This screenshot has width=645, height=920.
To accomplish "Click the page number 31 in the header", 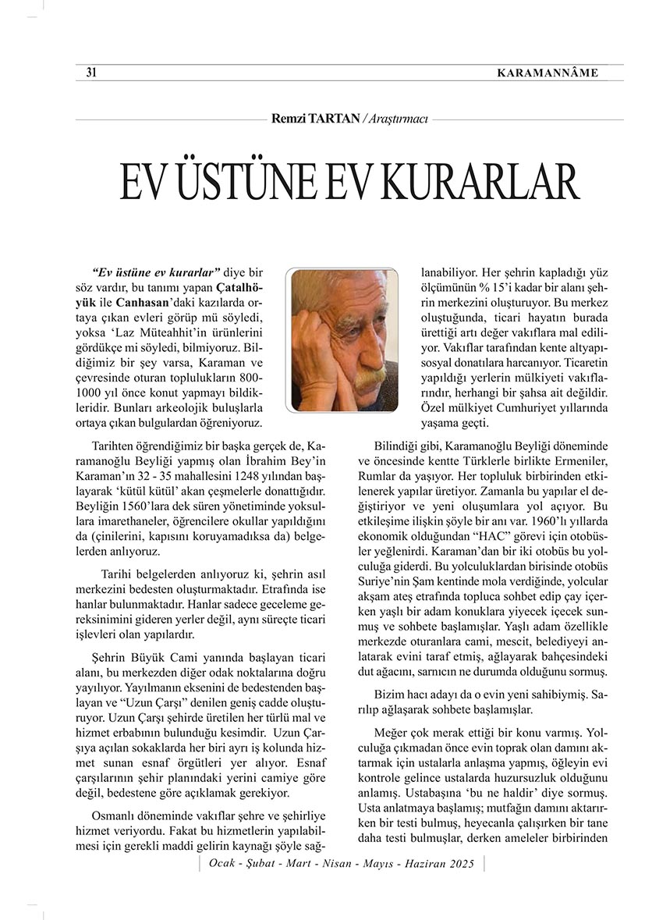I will click(x=90, y=73).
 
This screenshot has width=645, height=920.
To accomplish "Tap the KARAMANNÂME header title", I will click(x=548, y=73).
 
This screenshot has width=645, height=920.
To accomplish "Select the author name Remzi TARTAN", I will click(x=316, y=119).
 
